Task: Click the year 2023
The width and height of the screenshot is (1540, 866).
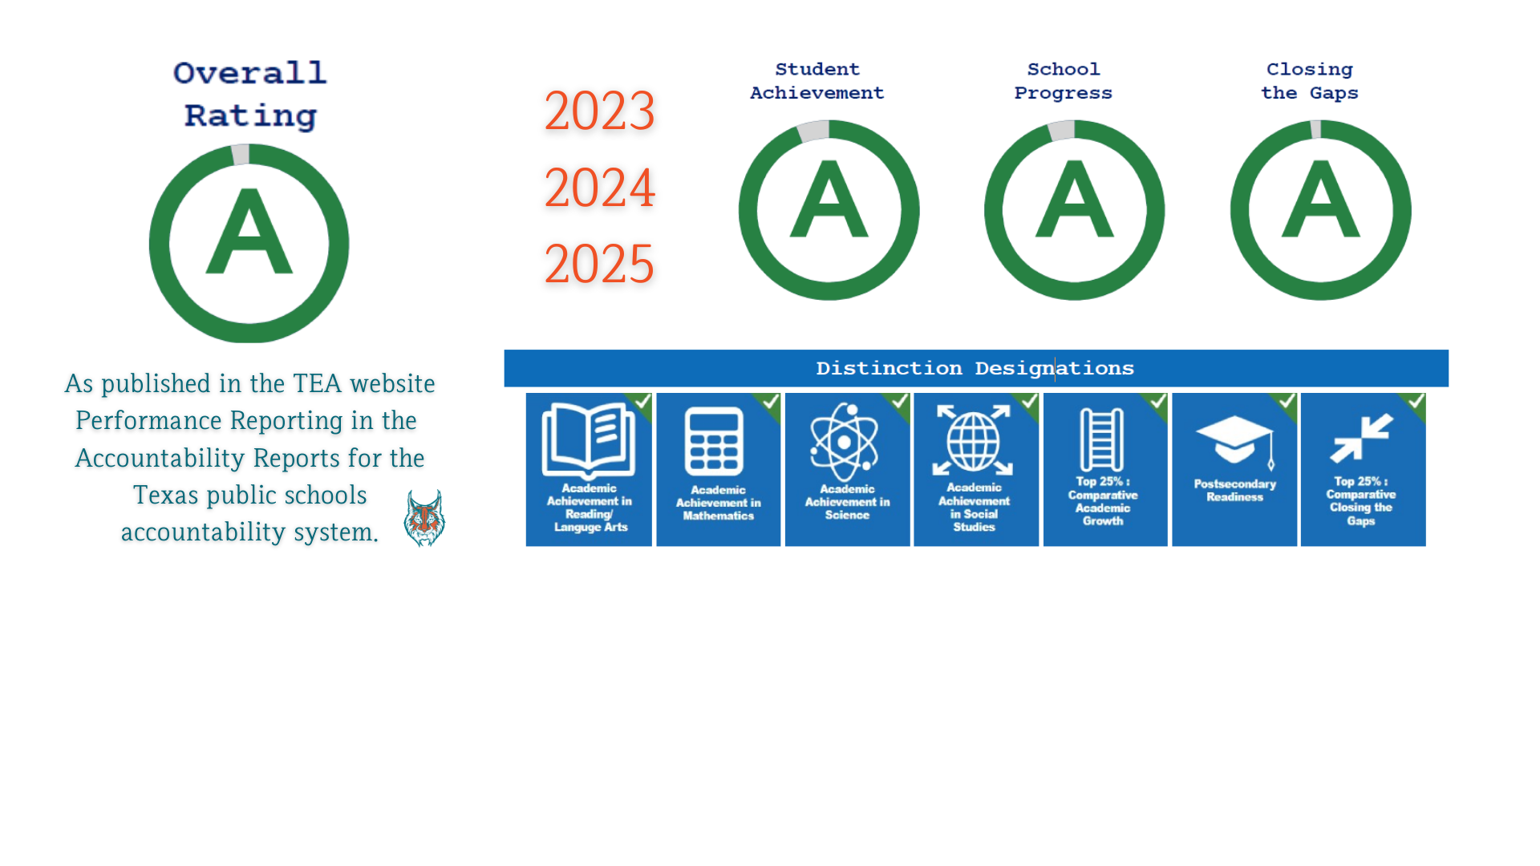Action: coord(599,111)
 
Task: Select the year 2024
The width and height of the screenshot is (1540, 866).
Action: coord(599,188)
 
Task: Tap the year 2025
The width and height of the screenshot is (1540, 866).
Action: coord(599,264)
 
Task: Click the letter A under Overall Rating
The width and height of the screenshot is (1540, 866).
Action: coord(249,232)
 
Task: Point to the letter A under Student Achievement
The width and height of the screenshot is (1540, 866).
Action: coord(829,199)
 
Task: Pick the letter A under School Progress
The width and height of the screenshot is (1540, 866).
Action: coord(1074,199)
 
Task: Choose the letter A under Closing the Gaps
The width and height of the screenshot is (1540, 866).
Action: coord(1320,199)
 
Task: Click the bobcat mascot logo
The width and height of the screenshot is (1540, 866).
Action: coord(424,518)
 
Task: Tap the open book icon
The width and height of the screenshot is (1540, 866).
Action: coord(588,440)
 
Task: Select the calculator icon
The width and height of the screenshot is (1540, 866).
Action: coord(714,442)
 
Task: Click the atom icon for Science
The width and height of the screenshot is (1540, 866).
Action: coord(844,441)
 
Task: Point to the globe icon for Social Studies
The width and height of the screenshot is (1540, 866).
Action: coord(973,440)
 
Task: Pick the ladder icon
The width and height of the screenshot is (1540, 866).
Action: coord(1102,439)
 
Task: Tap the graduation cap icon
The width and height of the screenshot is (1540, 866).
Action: coord(1235,441)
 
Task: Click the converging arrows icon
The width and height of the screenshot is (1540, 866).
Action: coord(1361,438)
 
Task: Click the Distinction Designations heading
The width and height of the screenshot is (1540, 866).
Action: coord(975,369)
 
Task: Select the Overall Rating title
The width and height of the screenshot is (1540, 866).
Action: coord(249,95)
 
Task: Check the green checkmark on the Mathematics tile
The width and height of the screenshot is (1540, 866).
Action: coord(771,401)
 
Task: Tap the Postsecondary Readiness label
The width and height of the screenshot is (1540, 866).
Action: coord(1234,490)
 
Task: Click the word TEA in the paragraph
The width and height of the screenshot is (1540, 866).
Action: coord(317,383)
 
